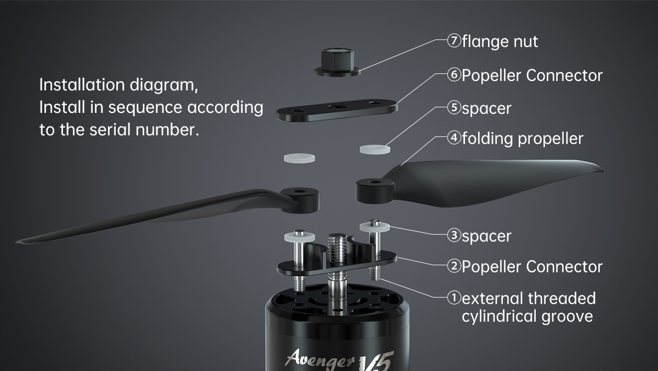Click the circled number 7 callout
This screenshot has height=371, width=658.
click(454, 41)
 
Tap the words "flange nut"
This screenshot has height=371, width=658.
click(500, 42)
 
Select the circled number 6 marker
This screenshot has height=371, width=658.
click(454, 75)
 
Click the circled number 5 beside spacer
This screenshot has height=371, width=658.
click(454, 107)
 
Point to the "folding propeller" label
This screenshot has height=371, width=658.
click(523, 138)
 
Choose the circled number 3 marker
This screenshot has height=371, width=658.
click(454, 235)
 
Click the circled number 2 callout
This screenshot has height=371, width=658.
click(454, 266)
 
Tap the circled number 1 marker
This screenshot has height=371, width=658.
click(454, 298)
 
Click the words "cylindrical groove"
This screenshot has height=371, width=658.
click(527, 316)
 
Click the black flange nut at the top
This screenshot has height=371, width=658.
click(338, 62)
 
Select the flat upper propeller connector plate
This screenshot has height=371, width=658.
click(337, 110)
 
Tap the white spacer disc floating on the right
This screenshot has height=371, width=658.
click(375, 149)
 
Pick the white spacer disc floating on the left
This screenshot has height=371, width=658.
click(299, 158)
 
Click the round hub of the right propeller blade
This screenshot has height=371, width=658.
click(375, 191)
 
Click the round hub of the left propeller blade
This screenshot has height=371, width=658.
click(299, 200)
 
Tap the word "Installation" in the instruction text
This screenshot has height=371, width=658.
click(83, 85)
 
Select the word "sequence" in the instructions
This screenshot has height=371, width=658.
click(145, 107)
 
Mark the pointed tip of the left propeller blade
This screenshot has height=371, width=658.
click(16, 242)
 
